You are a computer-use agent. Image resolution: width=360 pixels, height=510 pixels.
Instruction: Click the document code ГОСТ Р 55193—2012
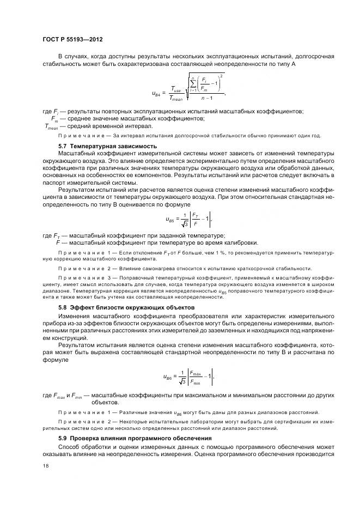[x=72, y=40]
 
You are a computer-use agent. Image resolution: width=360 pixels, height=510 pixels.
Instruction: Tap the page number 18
[x=45, y=465]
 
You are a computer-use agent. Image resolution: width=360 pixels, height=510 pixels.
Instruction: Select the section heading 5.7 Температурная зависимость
[x=107, y=146]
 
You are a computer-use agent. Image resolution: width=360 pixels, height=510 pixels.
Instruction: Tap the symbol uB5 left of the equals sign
[x=170, y=219]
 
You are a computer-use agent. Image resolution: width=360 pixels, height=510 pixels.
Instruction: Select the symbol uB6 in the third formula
[x=168, y=377]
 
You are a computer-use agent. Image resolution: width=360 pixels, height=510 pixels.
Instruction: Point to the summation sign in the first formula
[x=192, y=84]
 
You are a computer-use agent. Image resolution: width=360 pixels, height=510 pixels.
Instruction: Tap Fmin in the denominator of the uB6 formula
[x=195, y=381]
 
